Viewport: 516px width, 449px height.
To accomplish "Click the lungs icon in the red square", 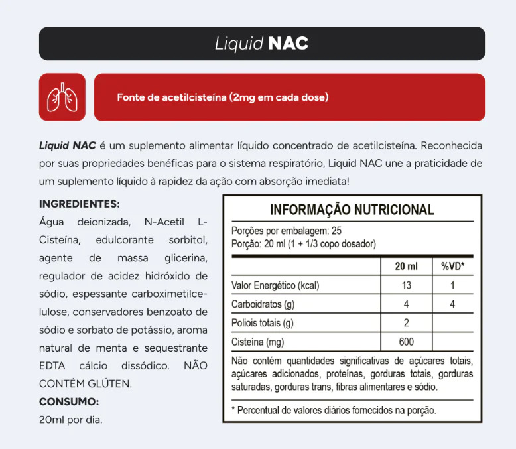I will tap(62, 97).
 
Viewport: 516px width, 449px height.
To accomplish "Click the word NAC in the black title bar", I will tap(289, 44).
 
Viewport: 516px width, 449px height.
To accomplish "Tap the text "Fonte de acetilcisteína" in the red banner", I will tap(172, 97).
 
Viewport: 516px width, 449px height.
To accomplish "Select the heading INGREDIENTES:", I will tap(80, 204).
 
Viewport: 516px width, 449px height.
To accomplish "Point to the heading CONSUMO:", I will tap(69, 401).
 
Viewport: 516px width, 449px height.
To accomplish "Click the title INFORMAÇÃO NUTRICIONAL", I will tap(352, 210).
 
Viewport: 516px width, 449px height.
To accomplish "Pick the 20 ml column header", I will tap(406, 266).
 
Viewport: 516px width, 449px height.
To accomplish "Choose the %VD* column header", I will tap(452, 266).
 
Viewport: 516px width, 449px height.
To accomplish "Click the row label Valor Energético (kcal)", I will tap(275, 285).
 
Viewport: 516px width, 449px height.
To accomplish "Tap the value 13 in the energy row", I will tap(406, 285).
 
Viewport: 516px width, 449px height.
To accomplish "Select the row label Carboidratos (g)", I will tap(263, 304).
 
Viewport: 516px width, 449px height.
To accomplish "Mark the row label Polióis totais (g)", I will tap(263, 323).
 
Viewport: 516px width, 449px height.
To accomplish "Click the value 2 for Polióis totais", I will tap(406, 323).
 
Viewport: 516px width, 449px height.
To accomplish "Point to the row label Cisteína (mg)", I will tap(258, 342).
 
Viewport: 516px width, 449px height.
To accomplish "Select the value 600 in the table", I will tap(406, 342).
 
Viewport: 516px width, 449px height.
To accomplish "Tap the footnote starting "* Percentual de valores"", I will tap(334, 410).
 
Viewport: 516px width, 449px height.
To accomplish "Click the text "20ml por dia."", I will tap(71, 420).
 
